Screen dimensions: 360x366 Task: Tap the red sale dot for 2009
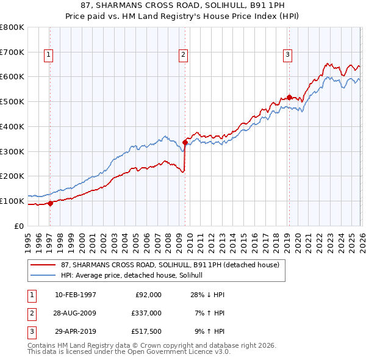click(x=185, y=143)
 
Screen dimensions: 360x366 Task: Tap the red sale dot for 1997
click(x=50, y=203)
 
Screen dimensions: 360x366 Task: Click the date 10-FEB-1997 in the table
click(x=76, y=295)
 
